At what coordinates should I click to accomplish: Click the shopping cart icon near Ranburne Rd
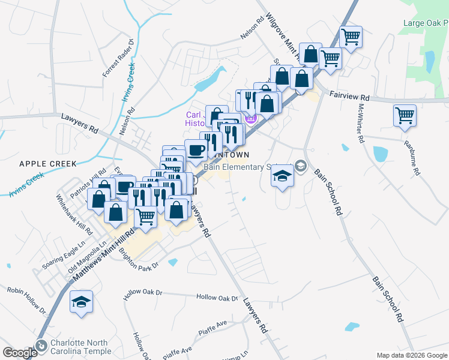[x=405, y=115]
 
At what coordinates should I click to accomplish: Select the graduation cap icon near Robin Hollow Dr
[x=81, y=302]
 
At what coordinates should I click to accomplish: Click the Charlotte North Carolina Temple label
[x=80, y=347]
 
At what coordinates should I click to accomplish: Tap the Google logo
[x=20, y=353]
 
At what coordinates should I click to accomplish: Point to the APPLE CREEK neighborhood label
[x=47, y=163]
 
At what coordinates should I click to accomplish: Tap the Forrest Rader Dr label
[x=118, y=59]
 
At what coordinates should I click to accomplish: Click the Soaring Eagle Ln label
[x=61, y=256]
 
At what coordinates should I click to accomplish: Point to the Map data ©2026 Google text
[x=412, y=355]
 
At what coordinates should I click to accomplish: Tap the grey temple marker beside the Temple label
[x=41, y=346]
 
